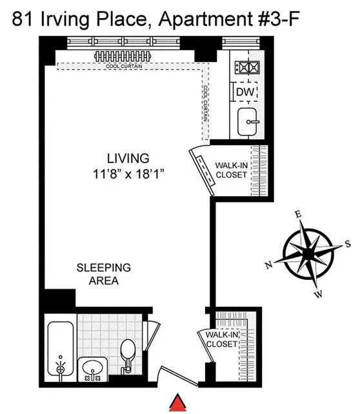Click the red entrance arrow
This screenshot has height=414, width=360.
point(177,403)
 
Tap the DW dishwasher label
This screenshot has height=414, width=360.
point(243,93)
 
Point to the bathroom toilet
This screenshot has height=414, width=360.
point(128,351)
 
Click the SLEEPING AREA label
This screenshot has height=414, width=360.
point(103,273)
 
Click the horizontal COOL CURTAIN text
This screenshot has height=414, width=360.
point(126,66)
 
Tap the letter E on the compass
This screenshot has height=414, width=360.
point(297,214)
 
